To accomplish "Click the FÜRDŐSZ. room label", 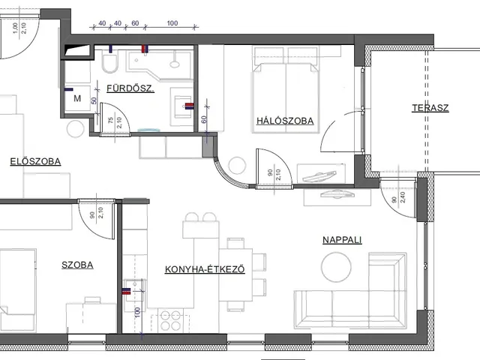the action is [x=130, y=88].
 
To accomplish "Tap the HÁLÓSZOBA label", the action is [x=285, y=121].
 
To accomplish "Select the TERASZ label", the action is [x=430, y=108].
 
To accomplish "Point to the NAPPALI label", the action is [x=342, y=240].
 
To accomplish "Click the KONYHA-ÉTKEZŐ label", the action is [x=205, y=269].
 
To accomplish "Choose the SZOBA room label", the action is [x=77, y=265].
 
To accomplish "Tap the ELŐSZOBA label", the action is [x=35, y=161].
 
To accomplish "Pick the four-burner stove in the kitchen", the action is [x=170, y=320].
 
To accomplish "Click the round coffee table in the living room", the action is [x=336, y=267].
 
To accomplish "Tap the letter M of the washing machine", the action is [x=77, y=98].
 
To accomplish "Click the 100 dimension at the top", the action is [x=172, y=23].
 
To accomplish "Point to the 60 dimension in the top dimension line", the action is [x=135, y=23].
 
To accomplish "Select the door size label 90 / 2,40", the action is [x=398, y=198].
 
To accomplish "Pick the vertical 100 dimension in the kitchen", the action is [x=137, y=312].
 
